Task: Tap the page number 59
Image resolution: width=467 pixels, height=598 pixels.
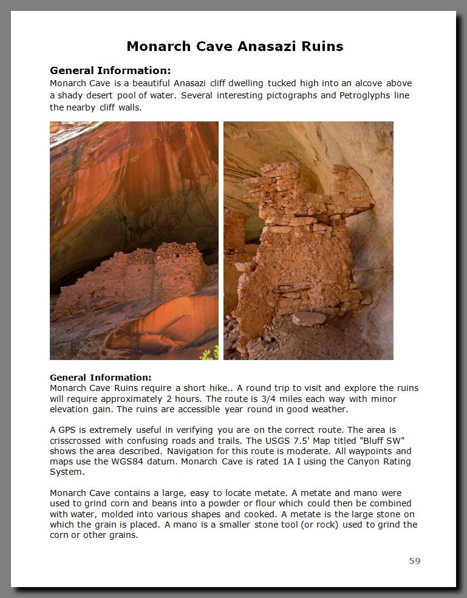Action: [415, 561]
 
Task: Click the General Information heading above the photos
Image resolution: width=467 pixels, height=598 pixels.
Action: [110, 70]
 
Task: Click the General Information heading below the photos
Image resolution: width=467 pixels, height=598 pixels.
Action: [101, 378]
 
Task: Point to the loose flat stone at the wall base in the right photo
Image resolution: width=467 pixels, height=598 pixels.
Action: [308, 318]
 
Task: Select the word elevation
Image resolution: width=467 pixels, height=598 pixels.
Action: [69, 409]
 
